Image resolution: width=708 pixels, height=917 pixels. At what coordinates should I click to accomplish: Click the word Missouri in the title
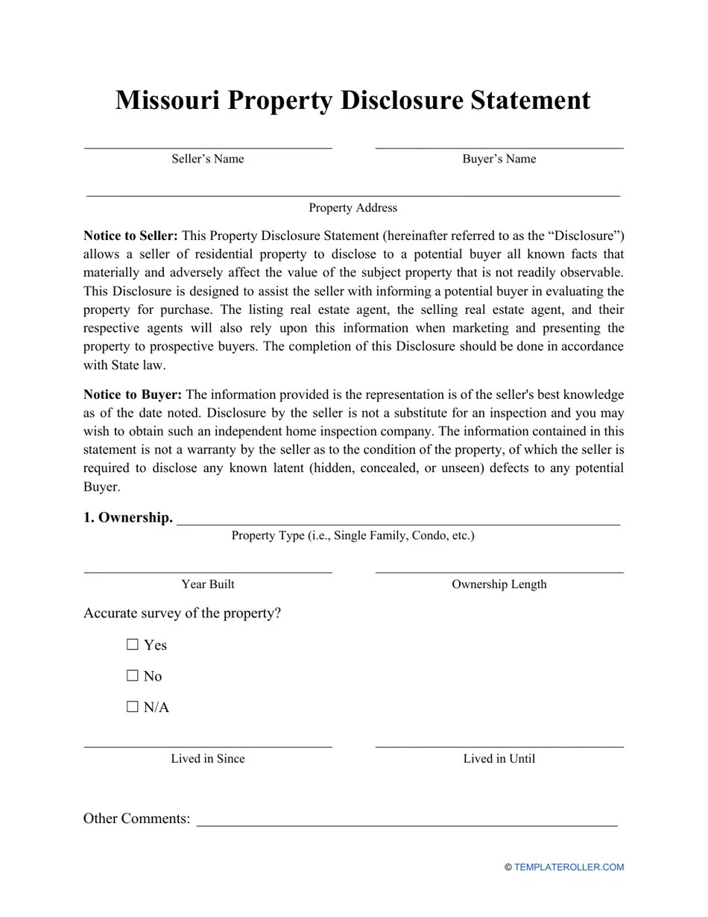coord(167,101)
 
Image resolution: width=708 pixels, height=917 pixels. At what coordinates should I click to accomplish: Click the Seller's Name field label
coord(207,159)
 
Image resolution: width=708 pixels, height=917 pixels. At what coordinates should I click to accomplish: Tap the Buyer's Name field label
coord(499,159)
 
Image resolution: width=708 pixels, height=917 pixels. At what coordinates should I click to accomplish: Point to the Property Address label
coord(353,208)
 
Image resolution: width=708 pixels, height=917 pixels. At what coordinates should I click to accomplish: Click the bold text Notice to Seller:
coord(130,236)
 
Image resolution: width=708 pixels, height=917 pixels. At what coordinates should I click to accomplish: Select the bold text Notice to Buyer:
coord(133,395)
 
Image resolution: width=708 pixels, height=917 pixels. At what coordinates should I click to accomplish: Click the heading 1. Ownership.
coord(127,517)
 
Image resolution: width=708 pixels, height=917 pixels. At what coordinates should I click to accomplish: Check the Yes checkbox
coord(133,644)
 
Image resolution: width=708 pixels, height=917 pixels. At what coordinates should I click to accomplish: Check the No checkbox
coord(133,675)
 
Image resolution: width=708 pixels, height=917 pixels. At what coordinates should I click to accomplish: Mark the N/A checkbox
coord(133,707)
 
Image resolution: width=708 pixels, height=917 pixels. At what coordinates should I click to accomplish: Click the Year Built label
coord(207,584)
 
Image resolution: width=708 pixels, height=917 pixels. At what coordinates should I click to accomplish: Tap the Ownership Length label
coord(499,584)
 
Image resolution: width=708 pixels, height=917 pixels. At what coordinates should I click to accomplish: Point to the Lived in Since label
coord(207,759)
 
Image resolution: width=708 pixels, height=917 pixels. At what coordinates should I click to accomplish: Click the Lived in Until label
coord(499,759)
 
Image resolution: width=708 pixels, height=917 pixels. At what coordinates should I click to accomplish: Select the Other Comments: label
coord(136,819)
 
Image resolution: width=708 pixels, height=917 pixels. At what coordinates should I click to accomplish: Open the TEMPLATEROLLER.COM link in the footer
coord(569,867)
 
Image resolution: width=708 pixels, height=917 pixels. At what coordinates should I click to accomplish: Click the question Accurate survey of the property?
coord(182,614)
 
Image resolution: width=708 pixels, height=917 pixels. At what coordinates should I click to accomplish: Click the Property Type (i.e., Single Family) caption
coord(353,535)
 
